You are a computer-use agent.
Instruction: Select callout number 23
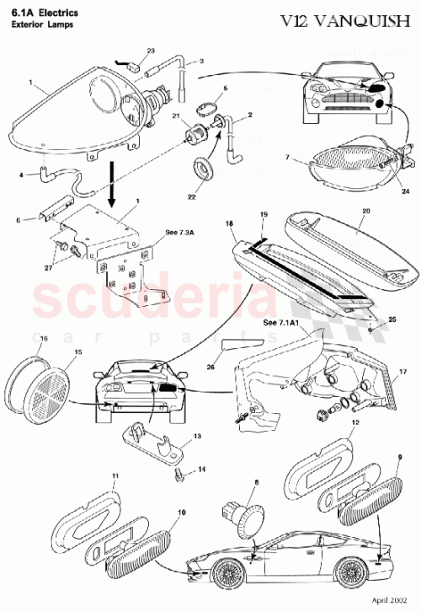[x=151, y=51]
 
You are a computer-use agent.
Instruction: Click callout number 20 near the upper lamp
[x=366, y=213]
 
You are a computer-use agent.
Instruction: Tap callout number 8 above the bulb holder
[x=258, y=484]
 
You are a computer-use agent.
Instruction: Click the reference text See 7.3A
[x=179, y=229]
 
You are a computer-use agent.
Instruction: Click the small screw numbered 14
[x=180, y=477]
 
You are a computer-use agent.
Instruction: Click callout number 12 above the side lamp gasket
[x=355, y=420]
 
